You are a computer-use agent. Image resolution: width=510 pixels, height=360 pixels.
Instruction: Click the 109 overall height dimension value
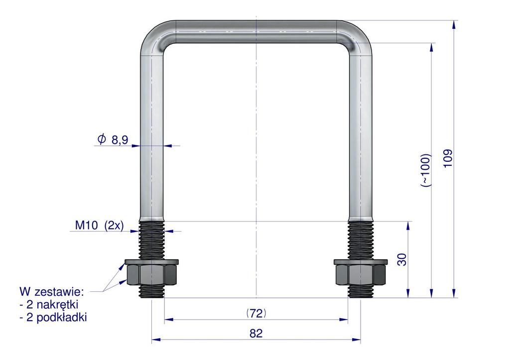coord(448,158)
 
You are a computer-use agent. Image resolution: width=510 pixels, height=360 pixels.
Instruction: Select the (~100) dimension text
coord(426,170)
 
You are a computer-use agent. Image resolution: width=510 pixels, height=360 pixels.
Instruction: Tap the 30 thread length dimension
coord(402,259)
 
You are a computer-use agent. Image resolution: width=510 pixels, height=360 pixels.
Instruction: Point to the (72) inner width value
coord(256,313)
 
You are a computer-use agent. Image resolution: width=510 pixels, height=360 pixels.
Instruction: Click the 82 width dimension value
coord(256,333)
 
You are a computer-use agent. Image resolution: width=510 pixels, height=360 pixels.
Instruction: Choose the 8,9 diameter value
coord(120,140)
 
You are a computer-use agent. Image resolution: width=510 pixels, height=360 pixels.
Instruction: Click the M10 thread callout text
coord(87,225)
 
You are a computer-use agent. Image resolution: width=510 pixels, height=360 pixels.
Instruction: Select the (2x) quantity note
coord(114,226)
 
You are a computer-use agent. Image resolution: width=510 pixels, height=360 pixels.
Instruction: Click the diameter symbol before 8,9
coord(102,139)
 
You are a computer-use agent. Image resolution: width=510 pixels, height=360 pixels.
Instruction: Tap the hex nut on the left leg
coord(151,275)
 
